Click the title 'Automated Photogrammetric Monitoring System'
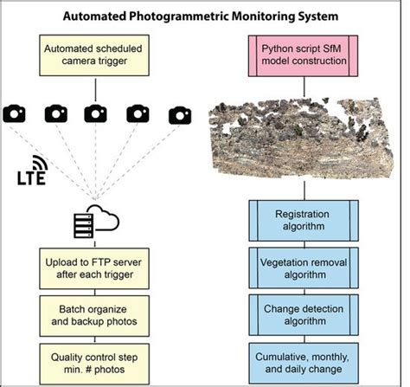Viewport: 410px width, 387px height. click(205, 15)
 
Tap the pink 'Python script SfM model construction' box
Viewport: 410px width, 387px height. click(301, 55)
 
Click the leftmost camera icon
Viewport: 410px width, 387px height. click(16, 113)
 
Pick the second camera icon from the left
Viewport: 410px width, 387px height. click(56, 113)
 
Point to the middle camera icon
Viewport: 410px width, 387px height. click(97, 113)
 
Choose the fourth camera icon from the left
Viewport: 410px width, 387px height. click(138, 113)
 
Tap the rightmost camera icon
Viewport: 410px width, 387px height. click(179, 113)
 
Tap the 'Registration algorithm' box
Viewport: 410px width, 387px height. click(301, 219)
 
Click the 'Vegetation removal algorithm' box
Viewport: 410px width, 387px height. click(301, 266)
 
